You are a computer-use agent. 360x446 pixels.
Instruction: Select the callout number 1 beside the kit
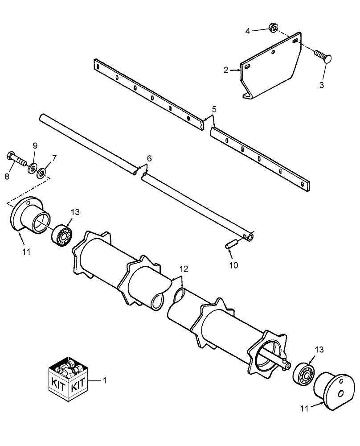pyautogui.click(x=104, y=381)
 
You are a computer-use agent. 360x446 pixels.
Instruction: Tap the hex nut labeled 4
pyautogui.click(x=274, y=29)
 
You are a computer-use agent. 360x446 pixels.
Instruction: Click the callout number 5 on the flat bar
pyautogui.click(x=214, y=109)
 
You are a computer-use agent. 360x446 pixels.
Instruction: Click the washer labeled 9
pyautogui.click(x=33, y=168)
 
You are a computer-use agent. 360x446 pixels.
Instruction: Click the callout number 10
pyautogui.click(x=233, y=265)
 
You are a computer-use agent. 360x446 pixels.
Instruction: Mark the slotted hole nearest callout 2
pyautogui.click(x=246, y=67)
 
